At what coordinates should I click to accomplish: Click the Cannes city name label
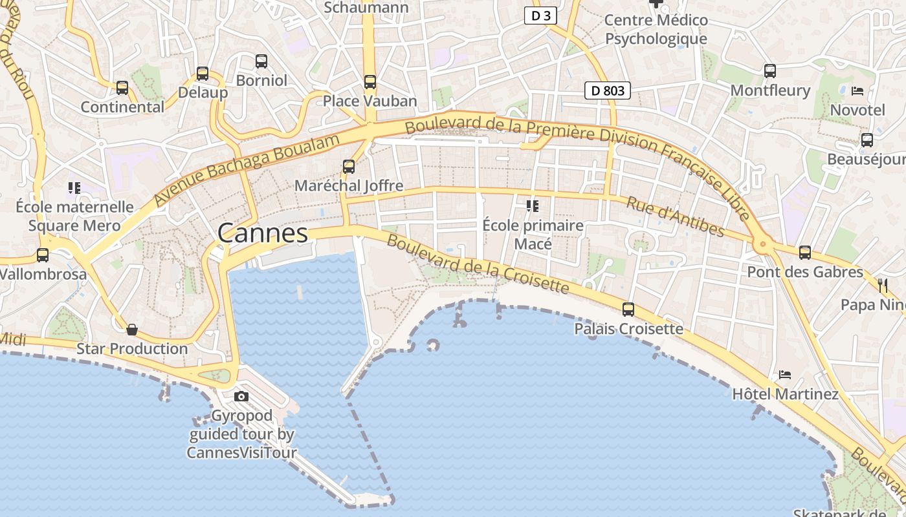(263, 233)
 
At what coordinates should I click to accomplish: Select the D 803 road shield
(608, 90)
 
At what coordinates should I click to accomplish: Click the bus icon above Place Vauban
(370, 82)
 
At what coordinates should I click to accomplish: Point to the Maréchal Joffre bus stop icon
(349, 167)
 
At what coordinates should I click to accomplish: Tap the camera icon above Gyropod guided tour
(241, 396)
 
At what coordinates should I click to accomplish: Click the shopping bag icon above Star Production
(132, 330)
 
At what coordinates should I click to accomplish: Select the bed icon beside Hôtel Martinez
(785, 375)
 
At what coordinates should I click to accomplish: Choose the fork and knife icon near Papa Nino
(883, 285)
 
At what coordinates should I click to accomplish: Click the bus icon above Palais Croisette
(628, 310)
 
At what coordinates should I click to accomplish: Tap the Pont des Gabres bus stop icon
(805, 253)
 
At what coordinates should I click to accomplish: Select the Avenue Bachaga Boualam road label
(247, 171)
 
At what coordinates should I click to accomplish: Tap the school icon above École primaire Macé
(533, 206)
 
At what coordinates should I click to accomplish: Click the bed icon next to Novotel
(857, 91)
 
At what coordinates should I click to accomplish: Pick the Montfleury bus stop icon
(770, 71)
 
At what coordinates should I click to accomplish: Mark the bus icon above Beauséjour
(867, 140)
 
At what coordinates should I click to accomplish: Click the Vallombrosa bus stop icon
(43, 255)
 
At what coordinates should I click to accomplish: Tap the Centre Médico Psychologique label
(656, 30)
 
